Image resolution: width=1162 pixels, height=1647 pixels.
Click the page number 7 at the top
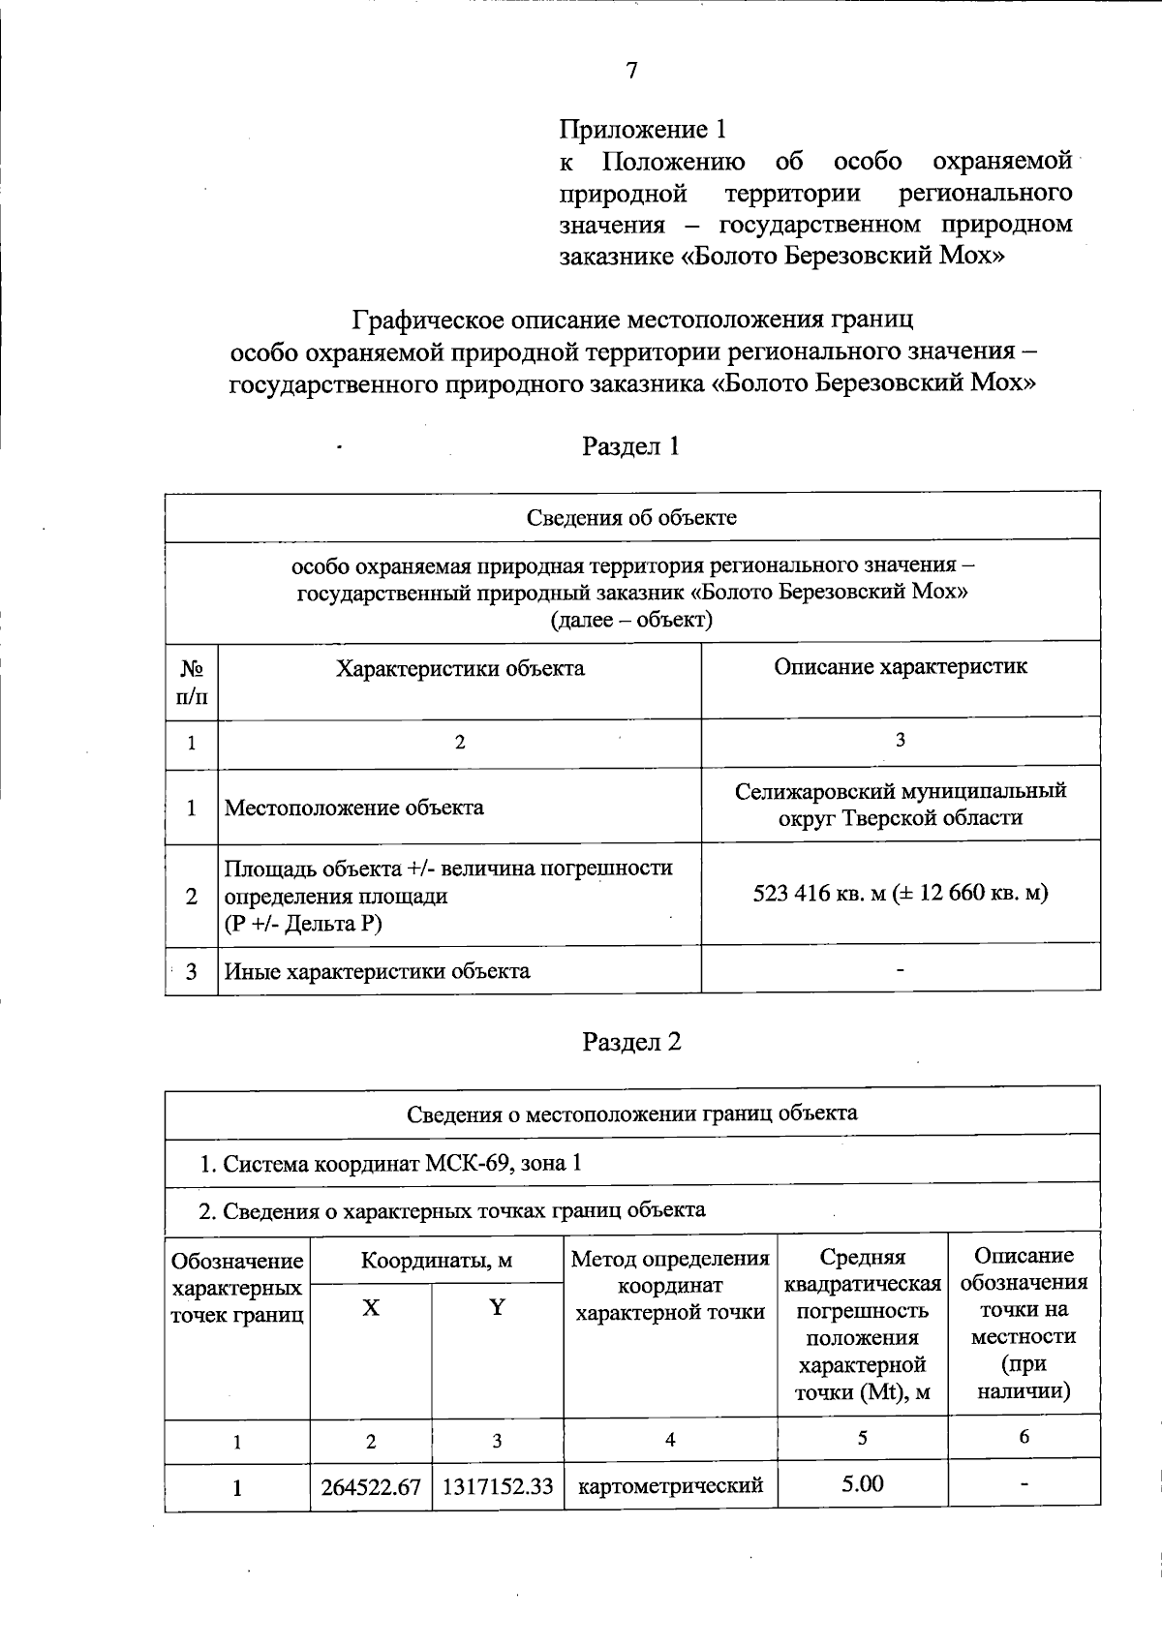click(x=631, y=71)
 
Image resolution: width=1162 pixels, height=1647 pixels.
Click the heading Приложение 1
click(x=643, y=129)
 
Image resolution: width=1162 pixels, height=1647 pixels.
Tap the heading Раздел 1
click(x=630, y=446)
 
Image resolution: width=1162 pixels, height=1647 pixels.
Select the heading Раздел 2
click(x=631, y=1042)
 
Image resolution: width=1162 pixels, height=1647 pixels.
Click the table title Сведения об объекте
click(x=631, y=517)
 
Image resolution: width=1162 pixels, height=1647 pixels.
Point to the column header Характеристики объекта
click(x=460, y=669)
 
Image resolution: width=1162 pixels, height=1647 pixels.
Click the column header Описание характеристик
click(x=900, y=667)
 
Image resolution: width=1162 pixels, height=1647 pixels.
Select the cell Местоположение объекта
click(x=354, y=808)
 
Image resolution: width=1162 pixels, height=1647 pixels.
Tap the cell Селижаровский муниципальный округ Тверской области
click(x=900, y=805)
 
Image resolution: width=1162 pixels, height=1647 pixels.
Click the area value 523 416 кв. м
click(x=819, y=894)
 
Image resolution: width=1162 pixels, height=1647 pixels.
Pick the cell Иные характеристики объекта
click(x=378, y=971)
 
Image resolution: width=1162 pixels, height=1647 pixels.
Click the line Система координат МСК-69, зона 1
click(x=391, y=1163)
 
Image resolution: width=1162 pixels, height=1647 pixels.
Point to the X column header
click(x=371, y=1308)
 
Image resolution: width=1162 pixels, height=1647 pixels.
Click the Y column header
click(x=497, y=1308)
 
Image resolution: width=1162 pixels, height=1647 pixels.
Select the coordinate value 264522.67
click(x=371, y=1486)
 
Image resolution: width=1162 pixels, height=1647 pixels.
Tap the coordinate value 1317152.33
click(x=497, y=1486)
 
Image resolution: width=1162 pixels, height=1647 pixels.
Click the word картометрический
click(x=670, y=1485)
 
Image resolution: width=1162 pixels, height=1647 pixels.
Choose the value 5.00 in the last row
click(x=862, y=1484)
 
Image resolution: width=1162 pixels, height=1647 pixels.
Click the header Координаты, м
click(x=437, y=1261)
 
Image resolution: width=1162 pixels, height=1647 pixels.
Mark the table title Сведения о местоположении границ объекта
click(x=631, y=1113)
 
